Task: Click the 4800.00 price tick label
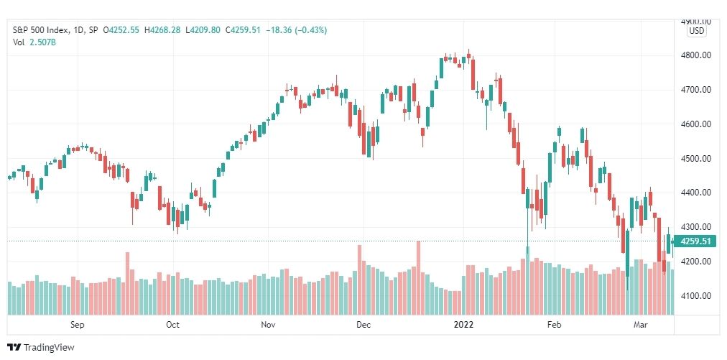[696, 55]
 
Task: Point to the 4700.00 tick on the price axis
[696, 90]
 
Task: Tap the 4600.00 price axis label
[696, 124]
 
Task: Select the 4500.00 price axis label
[696, 159]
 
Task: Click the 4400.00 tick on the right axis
[696, 193]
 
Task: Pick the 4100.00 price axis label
[696, 296]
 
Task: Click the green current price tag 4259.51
[696, 241]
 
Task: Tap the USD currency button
[696, 32]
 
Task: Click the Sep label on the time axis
[78, 325]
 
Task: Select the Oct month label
[172, 325]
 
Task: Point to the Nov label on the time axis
[268, 325]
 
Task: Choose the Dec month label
[363, 325]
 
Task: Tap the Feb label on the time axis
[555, 325]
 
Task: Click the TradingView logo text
[49, 348]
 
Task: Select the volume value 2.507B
[44, 42]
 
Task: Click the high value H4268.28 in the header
[164, 30]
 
